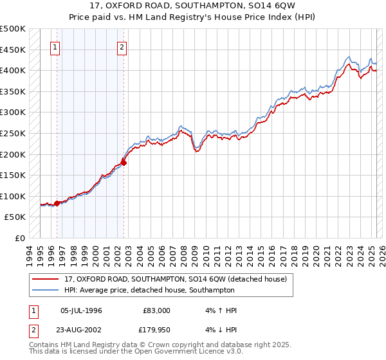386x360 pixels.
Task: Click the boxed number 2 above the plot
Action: (x=122, y=46)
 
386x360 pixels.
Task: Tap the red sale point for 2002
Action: (x=124, y=163)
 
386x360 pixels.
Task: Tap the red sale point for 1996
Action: (x=57, y=203)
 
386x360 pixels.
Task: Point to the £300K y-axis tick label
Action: (x=13, y=113)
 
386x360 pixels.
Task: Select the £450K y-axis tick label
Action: (x=13, y=50)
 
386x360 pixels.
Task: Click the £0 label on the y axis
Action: (x=20, y=238)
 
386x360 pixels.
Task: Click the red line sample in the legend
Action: (x=46, y=279)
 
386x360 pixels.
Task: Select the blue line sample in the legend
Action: (x=46, y=290)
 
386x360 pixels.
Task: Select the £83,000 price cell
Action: (x=157, y=310)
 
